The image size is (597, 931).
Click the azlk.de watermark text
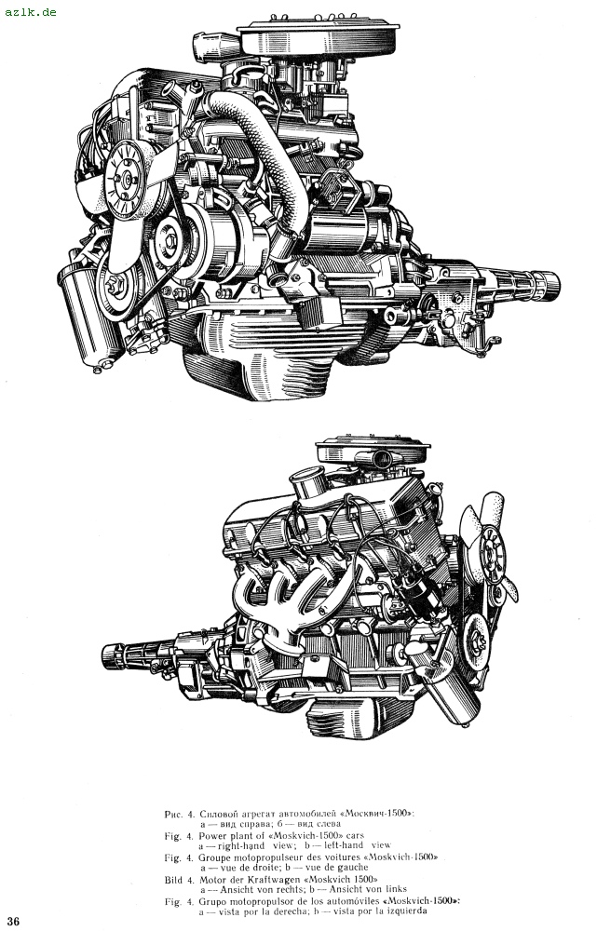click(31, 11)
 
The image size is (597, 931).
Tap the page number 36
click(13, 921)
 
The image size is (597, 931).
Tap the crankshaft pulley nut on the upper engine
click(115, 285)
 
